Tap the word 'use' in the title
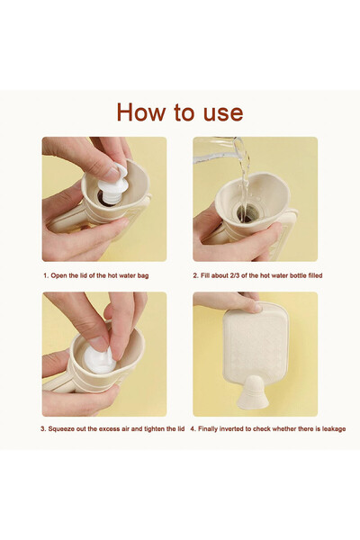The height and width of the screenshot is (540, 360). [x=222, y=112]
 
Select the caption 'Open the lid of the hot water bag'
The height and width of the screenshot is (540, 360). [x=103, y=276]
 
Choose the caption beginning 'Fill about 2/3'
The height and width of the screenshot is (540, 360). [x=257, y=276]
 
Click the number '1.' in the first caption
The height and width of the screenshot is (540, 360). [x=45, y=276]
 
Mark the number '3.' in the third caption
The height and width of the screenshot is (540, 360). [x=43, y=428]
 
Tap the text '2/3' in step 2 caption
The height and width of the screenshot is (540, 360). [x=237, y=276]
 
